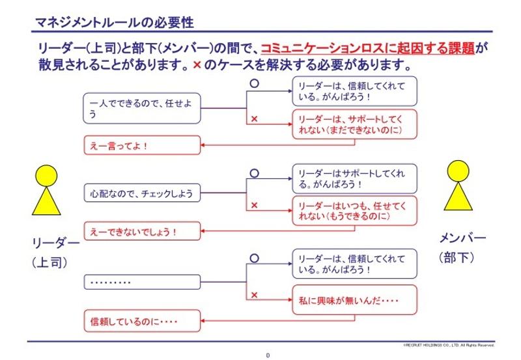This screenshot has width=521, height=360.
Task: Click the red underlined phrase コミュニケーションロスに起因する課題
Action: coord(368,48)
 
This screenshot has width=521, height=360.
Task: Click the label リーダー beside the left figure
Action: coord(55,243)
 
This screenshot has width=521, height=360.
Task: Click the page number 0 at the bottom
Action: coord(268,354)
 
